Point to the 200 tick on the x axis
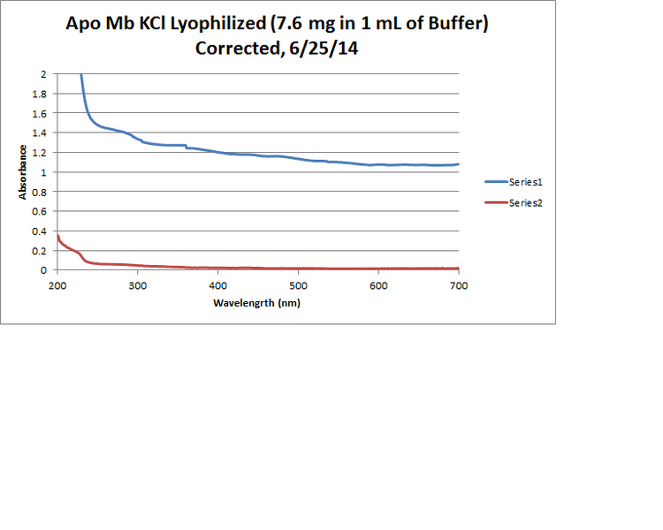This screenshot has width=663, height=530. pos(57,286)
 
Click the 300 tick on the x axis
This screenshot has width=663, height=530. pos(137,286)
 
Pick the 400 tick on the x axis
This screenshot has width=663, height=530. pos(217,286)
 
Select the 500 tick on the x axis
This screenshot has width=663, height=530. pos(298,286)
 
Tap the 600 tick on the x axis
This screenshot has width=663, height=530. pos(378,286)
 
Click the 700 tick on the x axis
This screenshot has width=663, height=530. pos(459,286)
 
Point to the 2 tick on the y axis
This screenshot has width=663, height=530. pos(42,74)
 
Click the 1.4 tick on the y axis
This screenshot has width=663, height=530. pos(39,133)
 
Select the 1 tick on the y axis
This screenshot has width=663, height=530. pos(42,172)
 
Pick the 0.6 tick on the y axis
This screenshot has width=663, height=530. pos(39,212)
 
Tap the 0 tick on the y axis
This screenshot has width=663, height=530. pos(42,270)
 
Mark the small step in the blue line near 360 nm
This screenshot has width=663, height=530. pos(186,147)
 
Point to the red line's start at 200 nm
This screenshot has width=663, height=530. pos(57,236)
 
